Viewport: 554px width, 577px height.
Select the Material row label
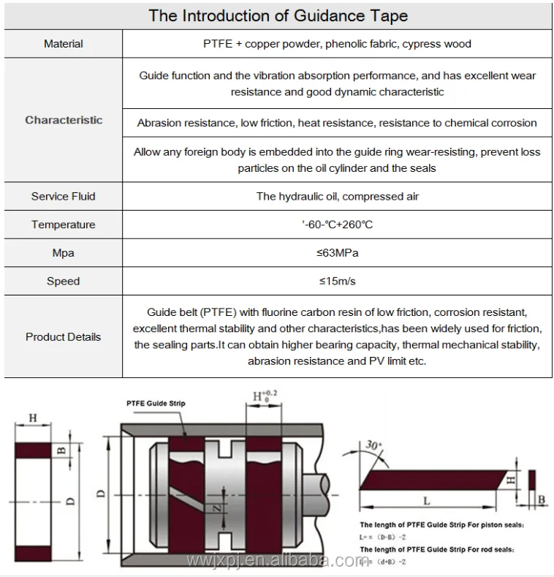(64, 44)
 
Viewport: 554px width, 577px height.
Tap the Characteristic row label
(64, 120)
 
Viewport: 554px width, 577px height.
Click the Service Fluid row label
(64, 196)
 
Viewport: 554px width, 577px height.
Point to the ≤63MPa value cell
(337, 253)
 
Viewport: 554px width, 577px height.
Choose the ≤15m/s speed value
(337, 281)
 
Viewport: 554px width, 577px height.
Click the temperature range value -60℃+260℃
(337, 225)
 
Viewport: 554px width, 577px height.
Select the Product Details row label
(64, 337)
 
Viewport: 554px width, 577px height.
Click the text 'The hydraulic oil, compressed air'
(337, 196)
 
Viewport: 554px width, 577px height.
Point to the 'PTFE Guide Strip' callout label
(156, 404)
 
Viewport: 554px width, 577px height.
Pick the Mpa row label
(64, 253)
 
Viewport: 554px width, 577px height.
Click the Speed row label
(64, 281)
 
